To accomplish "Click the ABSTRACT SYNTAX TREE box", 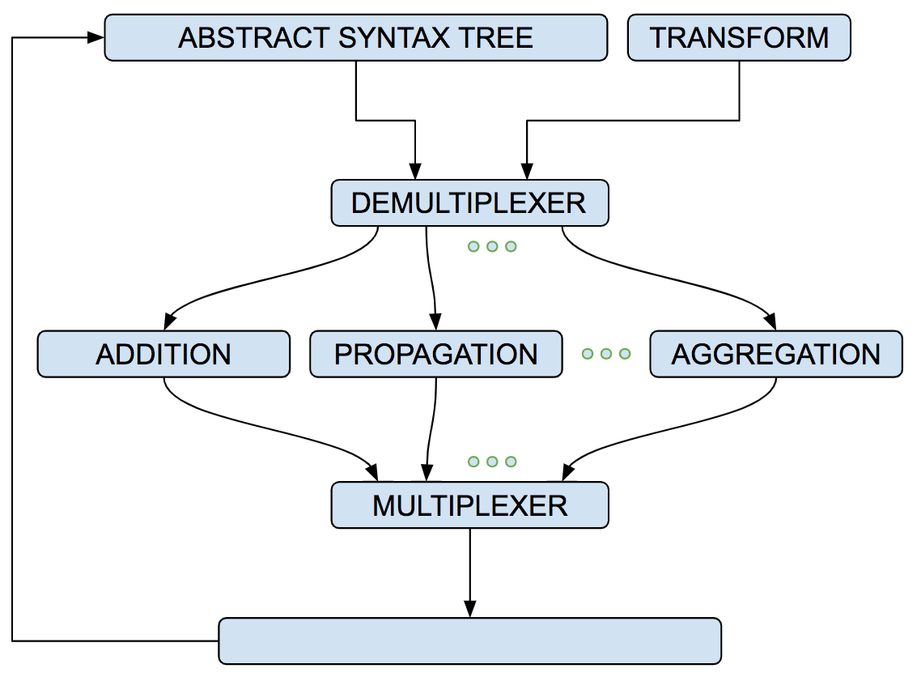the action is pos(355,37).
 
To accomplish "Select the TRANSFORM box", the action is pos(739,37).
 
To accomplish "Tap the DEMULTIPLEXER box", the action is pos(469,203).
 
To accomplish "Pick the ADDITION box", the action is pos(163,354).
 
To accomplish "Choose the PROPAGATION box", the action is pos(435,354).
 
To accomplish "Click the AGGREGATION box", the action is pos(776,354).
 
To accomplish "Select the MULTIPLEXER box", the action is pos(469,505).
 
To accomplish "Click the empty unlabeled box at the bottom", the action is pos(469,641).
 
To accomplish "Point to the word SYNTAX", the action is pos(395,38).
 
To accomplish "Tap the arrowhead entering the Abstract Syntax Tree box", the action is pos(96,37).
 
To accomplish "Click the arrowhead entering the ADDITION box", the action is pos(170,322).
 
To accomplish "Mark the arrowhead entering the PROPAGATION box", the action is pos(435,321).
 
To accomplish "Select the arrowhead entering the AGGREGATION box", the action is pos(771,322).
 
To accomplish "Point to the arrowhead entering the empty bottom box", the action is pos(469,608).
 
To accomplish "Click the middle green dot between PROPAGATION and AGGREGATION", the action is pos(606,353).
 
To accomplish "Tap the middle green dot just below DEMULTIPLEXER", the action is pos(492,246).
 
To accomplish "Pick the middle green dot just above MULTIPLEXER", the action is pos(492,462).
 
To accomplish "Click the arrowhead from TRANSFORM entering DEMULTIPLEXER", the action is pos(527,171).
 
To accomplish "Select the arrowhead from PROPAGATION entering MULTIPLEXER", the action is pos(427,473).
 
